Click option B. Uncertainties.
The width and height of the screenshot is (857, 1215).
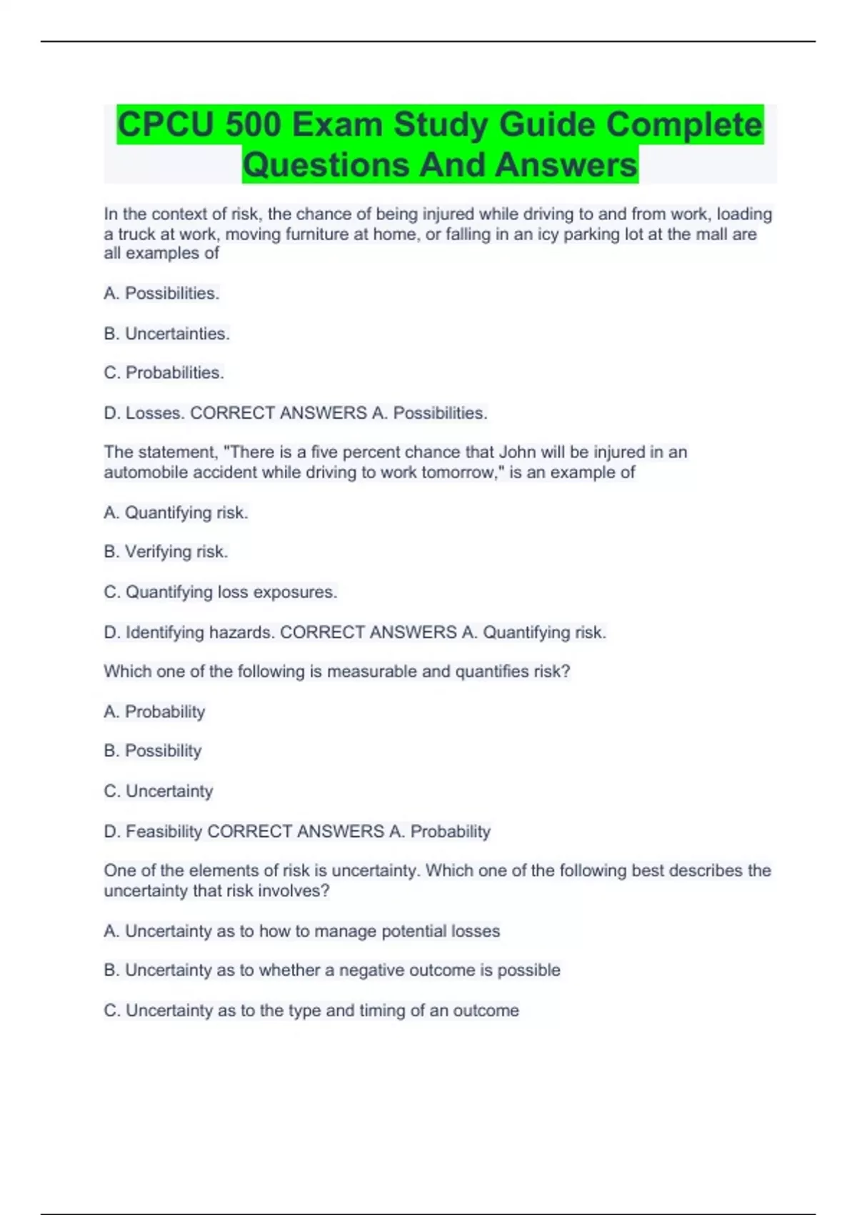[x=167, y=334]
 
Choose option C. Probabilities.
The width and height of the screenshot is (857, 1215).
[x=164, y=373]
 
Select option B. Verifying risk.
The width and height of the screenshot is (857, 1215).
[x=166, y=552]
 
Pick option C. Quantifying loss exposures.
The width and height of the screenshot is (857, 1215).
[x=221, y=592]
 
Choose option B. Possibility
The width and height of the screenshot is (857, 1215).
[x=153, y=751]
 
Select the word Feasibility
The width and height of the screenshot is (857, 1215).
[x=164, y=832]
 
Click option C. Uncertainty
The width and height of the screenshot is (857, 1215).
[x=159, y=792]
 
